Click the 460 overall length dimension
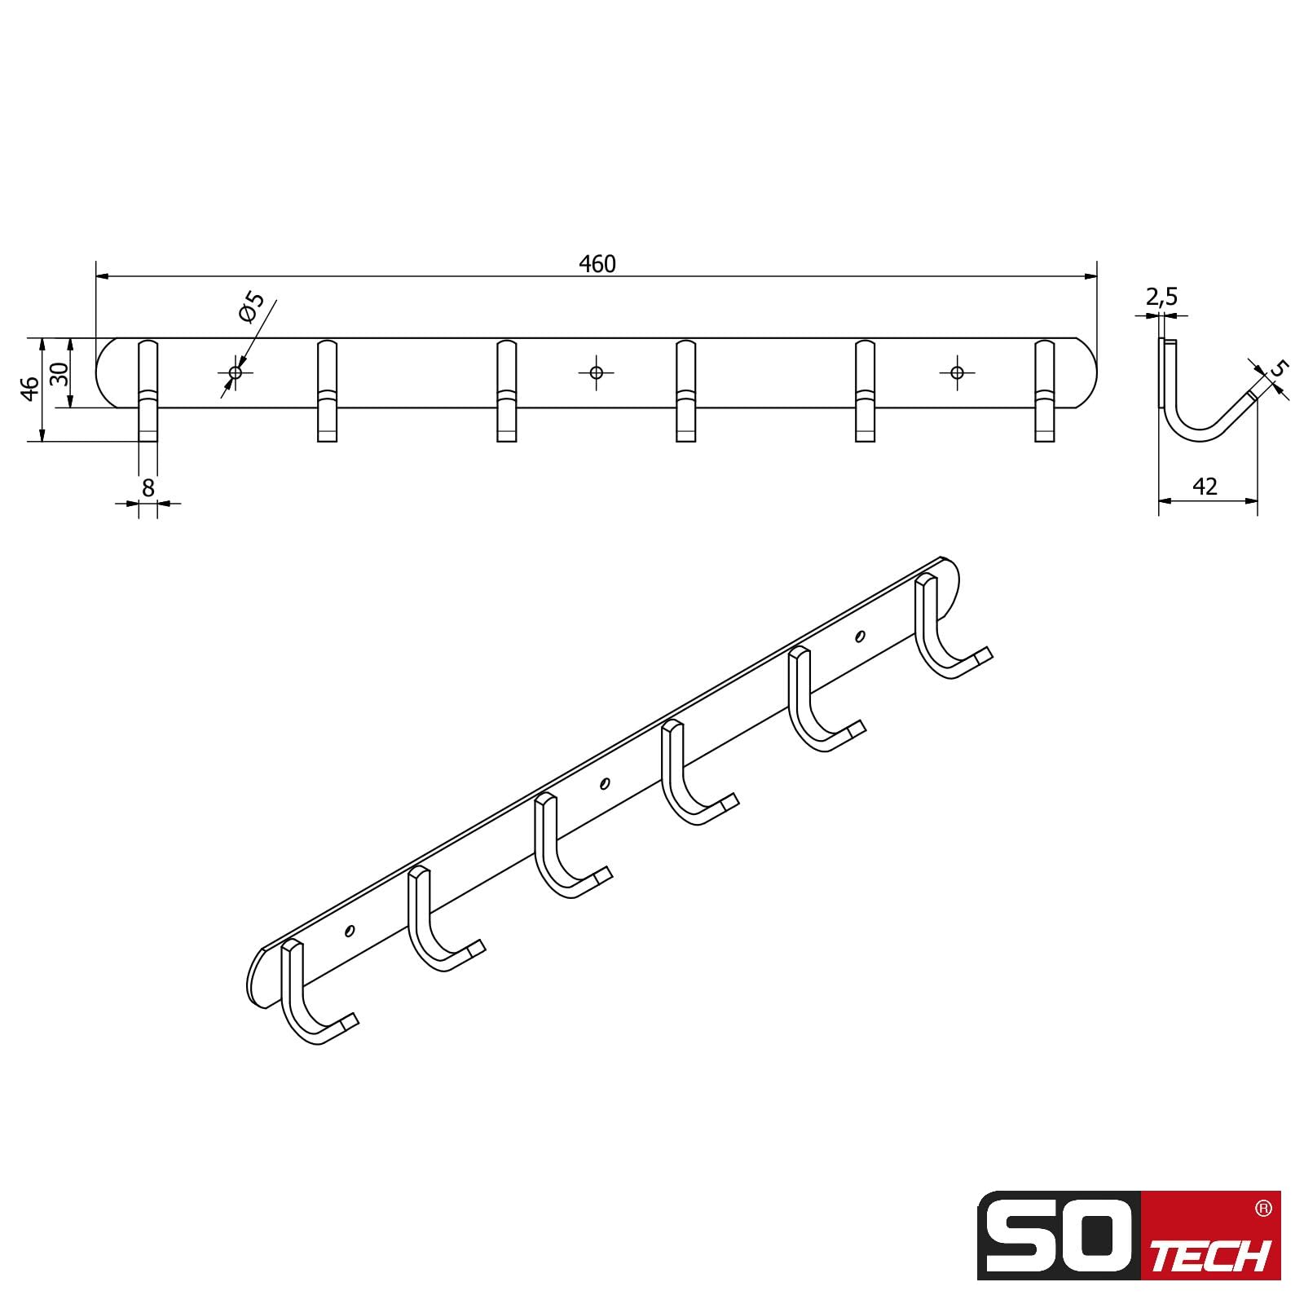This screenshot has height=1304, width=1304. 597,264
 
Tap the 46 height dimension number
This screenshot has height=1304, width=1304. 30,389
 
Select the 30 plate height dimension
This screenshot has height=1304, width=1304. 59,373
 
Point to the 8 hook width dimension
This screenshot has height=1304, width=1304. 148,487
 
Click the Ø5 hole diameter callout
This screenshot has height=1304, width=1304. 251,307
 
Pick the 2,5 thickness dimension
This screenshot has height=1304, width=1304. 1161,297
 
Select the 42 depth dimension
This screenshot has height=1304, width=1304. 1205,487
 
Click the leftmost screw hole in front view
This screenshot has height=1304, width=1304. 236,372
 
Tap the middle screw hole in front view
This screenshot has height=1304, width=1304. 596,372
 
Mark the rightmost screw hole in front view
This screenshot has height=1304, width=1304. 957,372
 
